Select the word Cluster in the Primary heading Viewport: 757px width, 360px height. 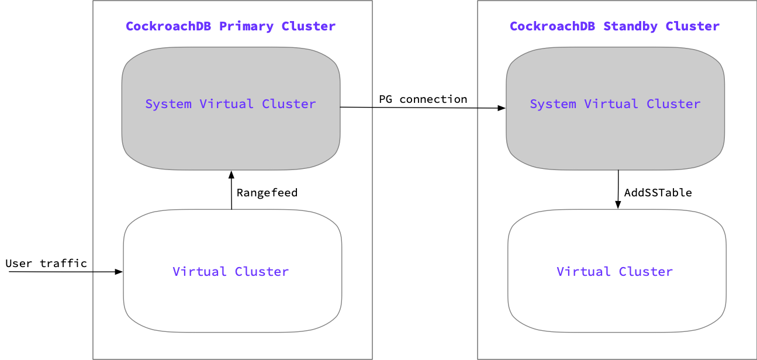tap(308, 26)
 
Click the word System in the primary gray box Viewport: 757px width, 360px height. tap(168, 104)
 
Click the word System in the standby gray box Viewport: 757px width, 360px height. tap(553, 104)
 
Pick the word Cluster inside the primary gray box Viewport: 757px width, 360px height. tap(289, 104)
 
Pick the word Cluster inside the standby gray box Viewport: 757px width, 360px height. tap(673, 104)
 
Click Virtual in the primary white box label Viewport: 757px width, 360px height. tap(199, 272)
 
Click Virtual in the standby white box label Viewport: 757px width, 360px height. tap(583, 272)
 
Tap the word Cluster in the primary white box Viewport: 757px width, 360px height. tap(262, 272)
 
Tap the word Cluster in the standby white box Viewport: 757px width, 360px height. tap(646, 272)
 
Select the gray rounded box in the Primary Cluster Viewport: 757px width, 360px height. tap(231, 140)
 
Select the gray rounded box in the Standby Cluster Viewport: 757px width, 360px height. tap(615, 140)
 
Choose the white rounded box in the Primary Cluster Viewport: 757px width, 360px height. tap(232, 304)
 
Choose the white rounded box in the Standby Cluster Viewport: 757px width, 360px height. tap(617, 304)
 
